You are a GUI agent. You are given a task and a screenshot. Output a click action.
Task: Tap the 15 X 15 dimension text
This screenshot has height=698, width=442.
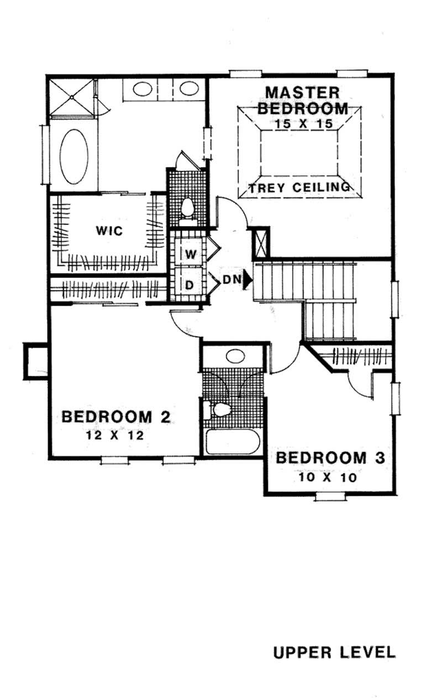(303, 124)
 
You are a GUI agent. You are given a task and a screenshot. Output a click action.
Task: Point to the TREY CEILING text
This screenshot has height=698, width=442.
(299, 188)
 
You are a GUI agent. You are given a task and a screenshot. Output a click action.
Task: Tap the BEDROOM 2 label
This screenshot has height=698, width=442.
(115, 417)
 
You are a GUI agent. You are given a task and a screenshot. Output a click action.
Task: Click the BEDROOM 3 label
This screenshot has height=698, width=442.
(330, 458)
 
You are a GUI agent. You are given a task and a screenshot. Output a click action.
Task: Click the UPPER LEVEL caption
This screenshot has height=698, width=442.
(334, 652)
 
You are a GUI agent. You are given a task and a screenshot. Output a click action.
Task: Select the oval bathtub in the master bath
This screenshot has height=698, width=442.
(74, 157)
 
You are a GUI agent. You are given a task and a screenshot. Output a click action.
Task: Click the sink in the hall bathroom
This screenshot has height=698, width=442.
(235, 355)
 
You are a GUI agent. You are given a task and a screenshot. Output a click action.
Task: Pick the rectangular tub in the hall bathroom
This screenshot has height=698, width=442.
(232, 442)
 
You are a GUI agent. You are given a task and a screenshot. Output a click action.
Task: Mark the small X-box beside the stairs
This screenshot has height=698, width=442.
(260, 242)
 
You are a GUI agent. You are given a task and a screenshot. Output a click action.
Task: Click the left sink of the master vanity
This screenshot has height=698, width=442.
(144, 88)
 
